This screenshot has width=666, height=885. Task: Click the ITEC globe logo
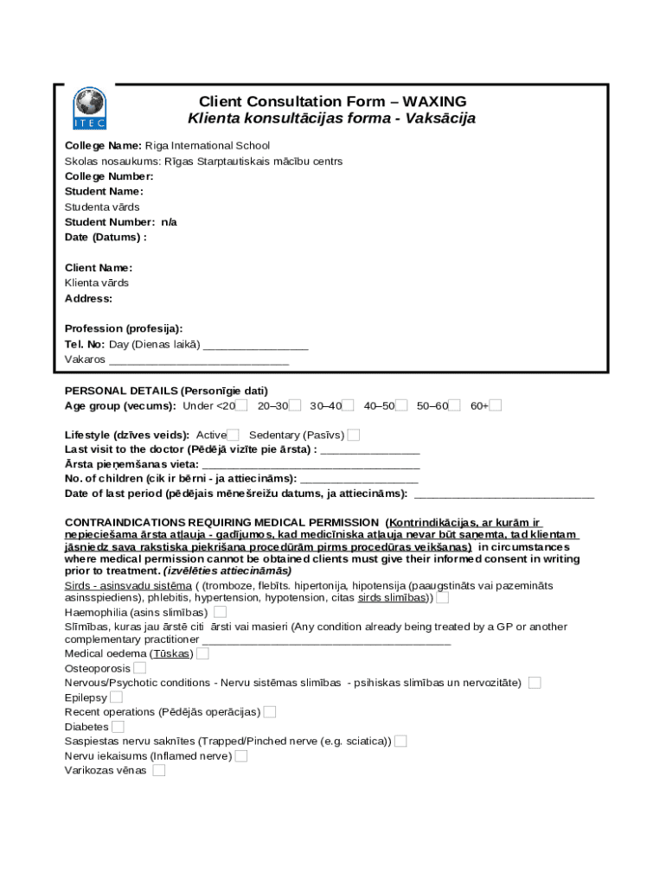click(88, 108)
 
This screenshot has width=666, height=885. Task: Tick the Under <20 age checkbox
click(241, 405)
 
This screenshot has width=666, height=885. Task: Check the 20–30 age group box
click(295, 405)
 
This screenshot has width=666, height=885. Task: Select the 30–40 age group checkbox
click(349, 405)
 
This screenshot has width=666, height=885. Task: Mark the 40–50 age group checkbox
click(401, 405)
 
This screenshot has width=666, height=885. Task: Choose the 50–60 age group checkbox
click(454, 405)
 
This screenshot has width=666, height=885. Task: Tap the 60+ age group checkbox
click(496, 405)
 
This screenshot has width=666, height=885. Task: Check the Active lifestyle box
click(233, 435)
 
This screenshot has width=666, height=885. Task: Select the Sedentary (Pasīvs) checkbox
click(354, 435)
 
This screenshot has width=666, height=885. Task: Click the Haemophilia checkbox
click(221, 612)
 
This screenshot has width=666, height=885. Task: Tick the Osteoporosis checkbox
click(139, 668)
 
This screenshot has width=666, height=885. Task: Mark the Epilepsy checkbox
click(116, 697)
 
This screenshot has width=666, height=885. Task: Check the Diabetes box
click(118, 727)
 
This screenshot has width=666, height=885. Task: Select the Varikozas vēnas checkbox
click(159, 770)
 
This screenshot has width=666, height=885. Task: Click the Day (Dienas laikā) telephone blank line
click(255, 344)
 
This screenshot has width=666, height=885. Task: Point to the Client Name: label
click(99, 268)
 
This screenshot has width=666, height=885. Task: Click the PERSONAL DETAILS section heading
click(166, 391)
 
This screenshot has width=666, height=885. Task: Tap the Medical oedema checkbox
click(202, 653)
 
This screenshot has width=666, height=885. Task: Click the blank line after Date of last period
click(504, 493)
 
